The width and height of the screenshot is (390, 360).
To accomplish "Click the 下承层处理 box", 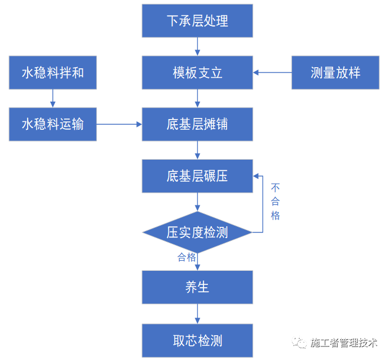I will click(x=197, y=21).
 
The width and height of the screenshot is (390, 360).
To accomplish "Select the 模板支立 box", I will click(x=197, y=73).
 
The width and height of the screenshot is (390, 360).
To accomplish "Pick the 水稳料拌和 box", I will click(x=52, y=73).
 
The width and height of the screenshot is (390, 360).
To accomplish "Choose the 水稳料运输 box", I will click(x=52, y=124).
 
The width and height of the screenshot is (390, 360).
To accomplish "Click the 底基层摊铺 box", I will click(x=197, y=124).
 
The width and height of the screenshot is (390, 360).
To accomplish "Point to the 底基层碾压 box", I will click(x=197, y=176).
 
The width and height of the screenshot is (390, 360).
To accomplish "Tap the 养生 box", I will click(x=197, y=287).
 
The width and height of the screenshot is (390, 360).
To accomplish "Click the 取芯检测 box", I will click(x=197, y=340).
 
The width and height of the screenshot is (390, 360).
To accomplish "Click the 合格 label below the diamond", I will click(x=187, y=257).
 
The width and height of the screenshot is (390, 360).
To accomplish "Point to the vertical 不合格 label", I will click(x=275, y=201).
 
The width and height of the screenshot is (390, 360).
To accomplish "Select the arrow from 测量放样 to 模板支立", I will click(x=272, y=73).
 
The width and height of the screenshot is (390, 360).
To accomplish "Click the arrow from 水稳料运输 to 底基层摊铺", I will click(x=119, y=124).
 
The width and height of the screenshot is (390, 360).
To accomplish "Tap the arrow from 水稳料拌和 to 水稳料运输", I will click(x=52, y=98).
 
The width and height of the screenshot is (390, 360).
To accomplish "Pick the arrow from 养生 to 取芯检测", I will click(x=197, y=313).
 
